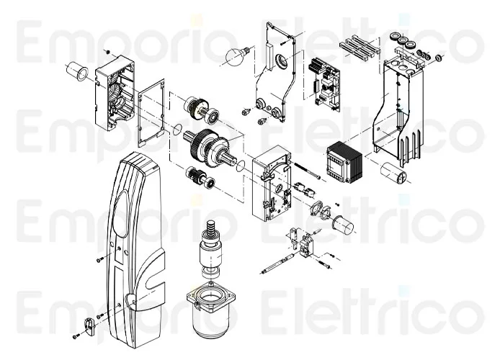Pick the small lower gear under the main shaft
click(195, 175)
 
